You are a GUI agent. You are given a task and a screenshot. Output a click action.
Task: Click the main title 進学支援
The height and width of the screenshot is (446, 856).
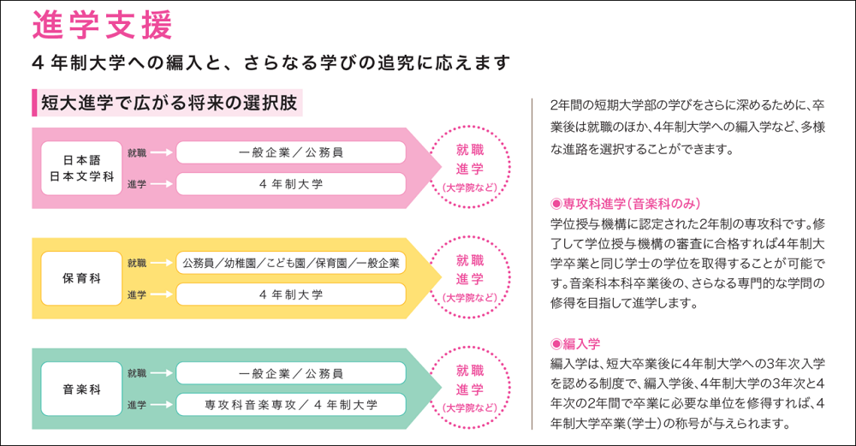(103, 26)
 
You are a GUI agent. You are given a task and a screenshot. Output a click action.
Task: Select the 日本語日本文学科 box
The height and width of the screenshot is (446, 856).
(81, 168)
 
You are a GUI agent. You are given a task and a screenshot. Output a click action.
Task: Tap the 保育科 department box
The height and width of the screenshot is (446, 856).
(81, 278)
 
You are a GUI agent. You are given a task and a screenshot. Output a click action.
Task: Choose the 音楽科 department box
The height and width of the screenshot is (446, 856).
(81, 389)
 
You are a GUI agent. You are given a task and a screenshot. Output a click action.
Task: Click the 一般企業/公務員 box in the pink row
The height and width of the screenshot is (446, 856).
(291, 152)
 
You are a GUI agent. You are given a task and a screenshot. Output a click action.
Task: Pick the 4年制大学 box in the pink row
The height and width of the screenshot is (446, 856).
(291, 184)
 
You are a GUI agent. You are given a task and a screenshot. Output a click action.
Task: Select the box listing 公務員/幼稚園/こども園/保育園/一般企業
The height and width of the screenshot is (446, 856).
(291, 263)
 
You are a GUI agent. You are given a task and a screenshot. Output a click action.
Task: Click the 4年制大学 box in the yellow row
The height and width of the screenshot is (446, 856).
(291, 294)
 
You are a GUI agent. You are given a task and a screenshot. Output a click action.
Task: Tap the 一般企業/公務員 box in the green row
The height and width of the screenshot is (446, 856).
(291, 373)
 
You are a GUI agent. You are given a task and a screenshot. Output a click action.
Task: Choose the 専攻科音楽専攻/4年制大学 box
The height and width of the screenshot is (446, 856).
(291, 404)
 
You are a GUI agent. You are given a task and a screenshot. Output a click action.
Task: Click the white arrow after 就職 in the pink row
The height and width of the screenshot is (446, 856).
(163, 152)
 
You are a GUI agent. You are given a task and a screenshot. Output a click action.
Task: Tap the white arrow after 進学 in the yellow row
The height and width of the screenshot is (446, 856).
(163, 294)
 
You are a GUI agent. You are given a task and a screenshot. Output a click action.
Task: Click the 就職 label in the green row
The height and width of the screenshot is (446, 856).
(136, 373)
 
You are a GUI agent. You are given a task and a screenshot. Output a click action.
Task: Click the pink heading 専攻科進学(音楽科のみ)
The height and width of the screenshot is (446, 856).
(627, 204)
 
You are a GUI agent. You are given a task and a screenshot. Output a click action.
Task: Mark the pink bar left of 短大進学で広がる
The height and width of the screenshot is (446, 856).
(33, 104)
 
